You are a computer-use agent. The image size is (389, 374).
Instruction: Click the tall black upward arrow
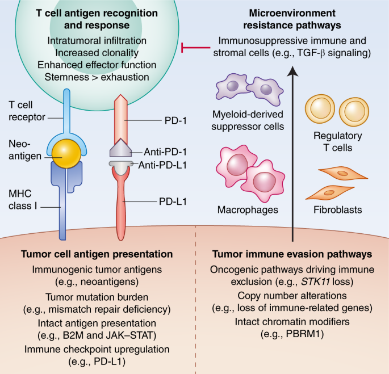293,148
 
